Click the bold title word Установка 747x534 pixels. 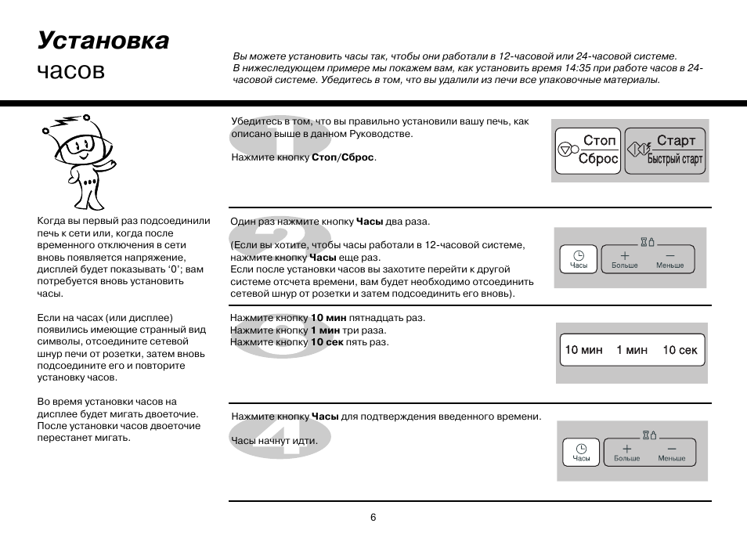[x=103, y=41]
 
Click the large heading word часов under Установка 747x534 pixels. [x=70, y=70]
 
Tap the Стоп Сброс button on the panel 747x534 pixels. [x=587, y=150]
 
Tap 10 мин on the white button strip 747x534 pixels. [x=584, y=350]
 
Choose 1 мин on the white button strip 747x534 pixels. [x=632, y=350]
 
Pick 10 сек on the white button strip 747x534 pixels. [x=680, y=350]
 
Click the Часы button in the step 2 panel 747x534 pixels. [x=579, y=259]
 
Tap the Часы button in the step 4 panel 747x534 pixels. [x=581, y=452]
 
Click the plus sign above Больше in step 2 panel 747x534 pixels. [x=625, y=255]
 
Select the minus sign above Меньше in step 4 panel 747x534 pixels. [x=672, y=449]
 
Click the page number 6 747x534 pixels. [x=373, y=517]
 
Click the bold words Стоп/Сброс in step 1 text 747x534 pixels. [x=343, y=157]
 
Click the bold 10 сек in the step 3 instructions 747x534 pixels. [x=327, y=342]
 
